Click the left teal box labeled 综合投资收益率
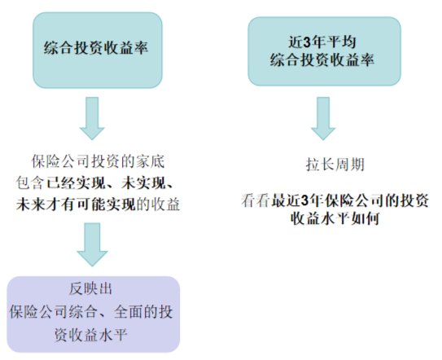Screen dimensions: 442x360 98,50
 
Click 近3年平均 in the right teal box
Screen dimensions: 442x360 322,42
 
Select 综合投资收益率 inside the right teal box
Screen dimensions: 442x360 322,60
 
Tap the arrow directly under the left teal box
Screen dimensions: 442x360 92,118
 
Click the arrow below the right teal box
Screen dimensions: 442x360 323,118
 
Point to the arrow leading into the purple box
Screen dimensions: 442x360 92,244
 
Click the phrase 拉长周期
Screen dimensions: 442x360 335,165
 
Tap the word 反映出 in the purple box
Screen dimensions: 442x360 90,289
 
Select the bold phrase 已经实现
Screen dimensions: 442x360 77,182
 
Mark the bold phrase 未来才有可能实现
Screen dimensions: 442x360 77,204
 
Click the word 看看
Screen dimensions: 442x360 256,200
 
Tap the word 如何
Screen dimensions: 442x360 365,218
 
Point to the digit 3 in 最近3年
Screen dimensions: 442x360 305,200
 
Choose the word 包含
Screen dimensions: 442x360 30,182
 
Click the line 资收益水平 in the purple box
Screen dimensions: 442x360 90,336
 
